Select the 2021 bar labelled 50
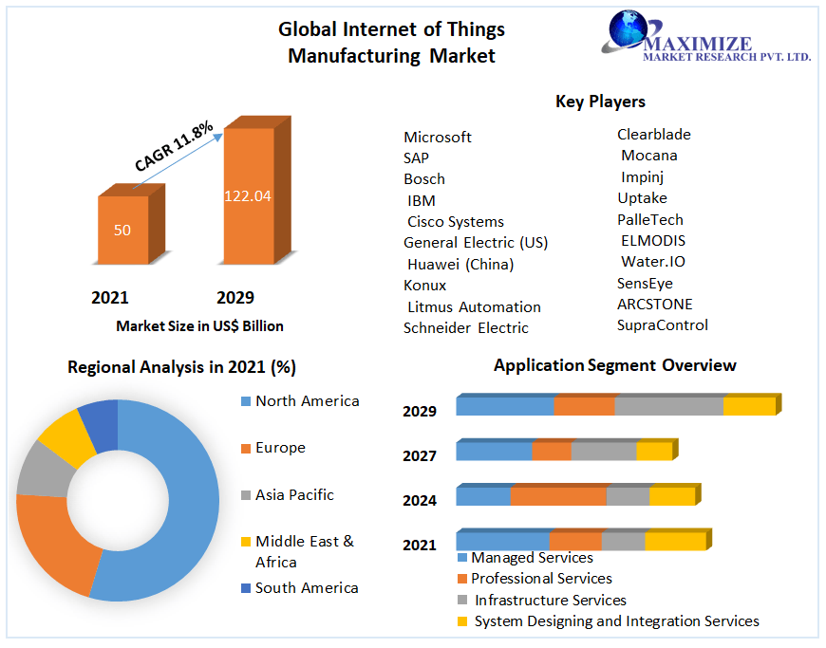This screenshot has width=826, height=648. click(122, 230)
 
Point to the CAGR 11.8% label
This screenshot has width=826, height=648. click(174, 147)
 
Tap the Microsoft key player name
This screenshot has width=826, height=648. click(438, 137)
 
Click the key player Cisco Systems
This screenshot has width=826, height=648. click(456, 221)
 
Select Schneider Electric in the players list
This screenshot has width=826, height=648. click(466, 327)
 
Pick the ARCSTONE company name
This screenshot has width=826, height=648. click(655, 304)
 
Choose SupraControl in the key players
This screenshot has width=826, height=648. click(663, 324)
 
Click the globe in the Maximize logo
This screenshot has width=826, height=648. click(627, 28)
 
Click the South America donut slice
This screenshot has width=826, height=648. click(100, 424)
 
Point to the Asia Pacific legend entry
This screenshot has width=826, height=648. click(294, 494)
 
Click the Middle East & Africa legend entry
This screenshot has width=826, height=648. click(304, 551)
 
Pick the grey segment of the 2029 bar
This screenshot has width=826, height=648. click(668, 406)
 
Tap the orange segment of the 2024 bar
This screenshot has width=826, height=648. click(558, 495)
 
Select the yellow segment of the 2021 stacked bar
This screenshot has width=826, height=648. click(675, 541)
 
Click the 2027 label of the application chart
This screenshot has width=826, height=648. click(420, 455)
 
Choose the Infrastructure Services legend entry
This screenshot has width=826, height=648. click(550, 600)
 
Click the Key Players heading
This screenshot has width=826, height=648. click(600, 102)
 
